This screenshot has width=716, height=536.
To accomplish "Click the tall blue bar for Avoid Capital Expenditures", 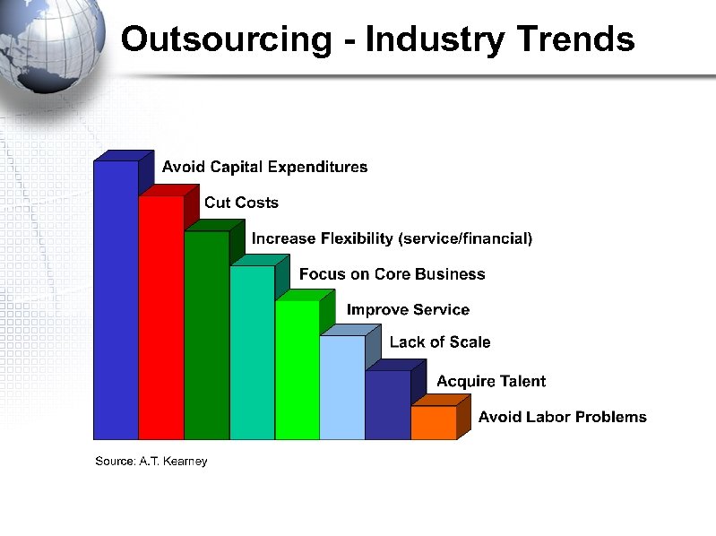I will point(116,300).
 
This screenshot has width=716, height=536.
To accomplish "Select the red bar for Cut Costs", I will point(161,318).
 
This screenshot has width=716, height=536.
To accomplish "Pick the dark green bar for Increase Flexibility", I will point(206,336).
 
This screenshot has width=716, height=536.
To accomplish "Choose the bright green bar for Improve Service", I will point(298,369).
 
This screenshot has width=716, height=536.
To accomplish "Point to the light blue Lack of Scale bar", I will point(342,387).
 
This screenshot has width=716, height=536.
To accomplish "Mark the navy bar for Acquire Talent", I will point(388,405).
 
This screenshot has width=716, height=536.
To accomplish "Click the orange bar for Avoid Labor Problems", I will point(434,422).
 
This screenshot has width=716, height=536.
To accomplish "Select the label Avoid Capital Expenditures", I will point(264,167).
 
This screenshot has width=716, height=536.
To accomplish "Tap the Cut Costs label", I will point(241,203).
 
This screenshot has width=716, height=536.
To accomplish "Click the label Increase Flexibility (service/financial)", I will point(392,238).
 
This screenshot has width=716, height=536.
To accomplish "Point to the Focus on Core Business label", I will point(392,274).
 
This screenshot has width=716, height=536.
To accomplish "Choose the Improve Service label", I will point(408,309).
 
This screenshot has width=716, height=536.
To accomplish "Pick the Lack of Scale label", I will point(440,341).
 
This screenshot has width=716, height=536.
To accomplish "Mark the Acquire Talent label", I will point(491,381).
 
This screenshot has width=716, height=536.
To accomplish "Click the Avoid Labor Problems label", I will point(562,417).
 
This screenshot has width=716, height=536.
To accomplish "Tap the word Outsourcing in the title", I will point(226,39).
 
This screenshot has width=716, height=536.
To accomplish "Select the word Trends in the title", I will point(574,39).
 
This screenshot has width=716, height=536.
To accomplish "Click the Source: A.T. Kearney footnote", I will point(151,461).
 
